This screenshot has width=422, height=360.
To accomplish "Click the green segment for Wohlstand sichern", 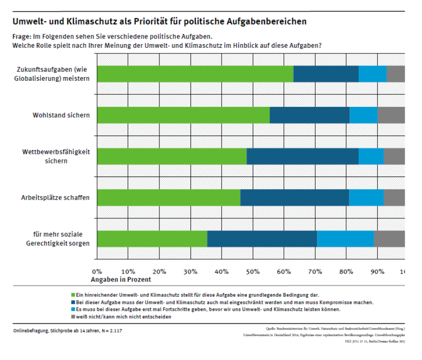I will [183, 115].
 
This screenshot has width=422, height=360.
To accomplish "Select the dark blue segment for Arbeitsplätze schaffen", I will [294, 197].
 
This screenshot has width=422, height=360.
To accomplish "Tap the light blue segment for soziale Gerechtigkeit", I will [345, 239].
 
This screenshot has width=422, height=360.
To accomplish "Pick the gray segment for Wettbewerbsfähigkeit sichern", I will [394, 157].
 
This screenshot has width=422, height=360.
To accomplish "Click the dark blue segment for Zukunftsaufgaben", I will [326, 74].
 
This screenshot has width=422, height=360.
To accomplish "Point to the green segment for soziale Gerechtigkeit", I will [152, 239].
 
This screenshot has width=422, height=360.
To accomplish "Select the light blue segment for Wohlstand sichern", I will [363, 115].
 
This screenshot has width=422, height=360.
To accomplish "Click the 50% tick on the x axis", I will [252, 271].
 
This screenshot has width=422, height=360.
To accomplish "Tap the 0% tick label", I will [97, 271].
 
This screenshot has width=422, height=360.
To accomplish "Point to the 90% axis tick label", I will [377, 271].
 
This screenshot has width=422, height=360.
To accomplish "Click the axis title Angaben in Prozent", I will [121, 280].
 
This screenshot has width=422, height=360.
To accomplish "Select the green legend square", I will [73, 295].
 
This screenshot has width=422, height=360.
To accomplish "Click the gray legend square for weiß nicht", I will [73, 316].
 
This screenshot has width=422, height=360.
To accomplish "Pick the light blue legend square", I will [73, 309].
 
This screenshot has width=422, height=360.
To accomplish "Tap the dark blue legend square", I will [73, 302].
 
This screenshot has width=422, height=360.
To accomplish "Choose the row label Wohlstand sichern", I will [61, 115].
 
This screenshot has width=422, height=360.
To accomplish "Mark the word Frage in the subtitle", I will [22, 36].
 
